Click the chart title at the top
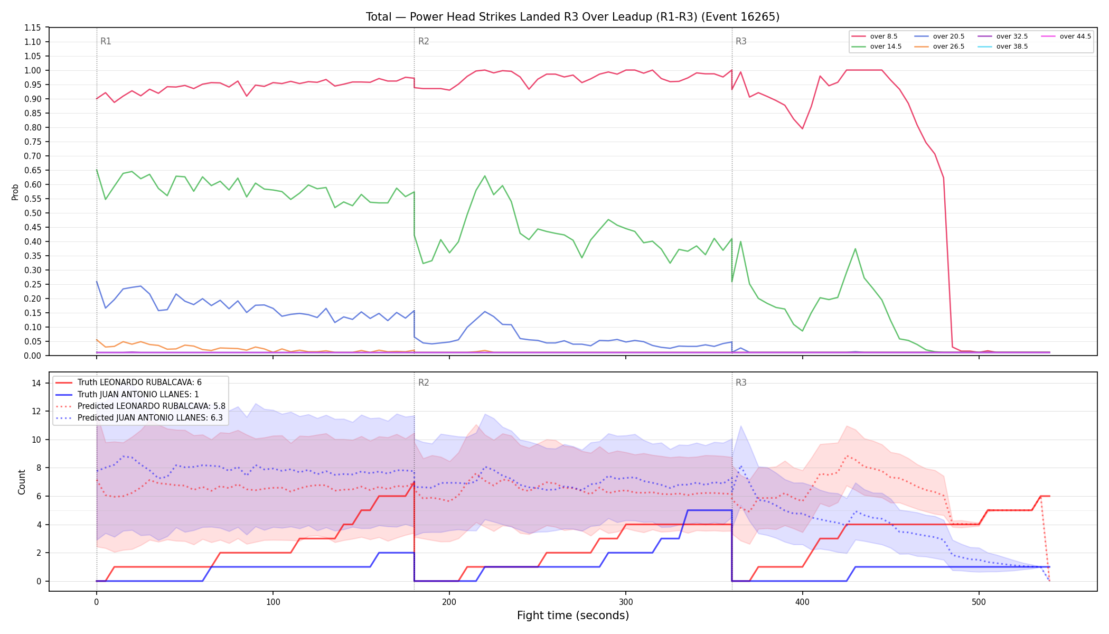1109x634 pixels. [x=572, y=17]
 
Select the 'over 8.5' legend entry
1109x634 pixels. [x=875, y=36]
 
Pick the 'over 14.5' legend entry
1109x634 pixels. [x=877, y=46]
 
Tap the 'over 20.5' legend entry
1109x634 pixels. [x=939, y=36]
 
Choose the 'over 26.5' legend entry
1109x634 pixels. [x=939, y=46]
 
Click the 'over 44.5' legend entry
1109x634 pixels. [x=1066, y=36]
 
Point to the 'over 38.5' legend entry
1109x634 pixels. [x=1003, y=46]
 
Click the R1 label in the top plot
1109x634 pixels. [x=106, y=41]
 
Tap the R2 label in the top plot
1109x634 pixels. [x=424, y=41]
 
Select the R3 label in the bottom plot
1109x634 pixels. [x=741, y=383]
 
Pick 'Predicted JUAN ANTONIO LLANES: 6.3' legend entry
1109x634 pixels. [x=140, y=418]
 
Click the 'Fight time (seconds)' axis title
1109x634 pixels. [x=573, y=616]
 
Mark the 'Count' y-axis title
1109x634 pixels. [x=22, y=482]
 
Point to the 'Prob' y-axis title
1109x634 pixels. [x=15, y=192]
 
